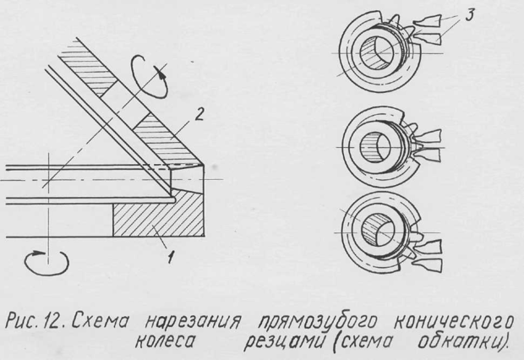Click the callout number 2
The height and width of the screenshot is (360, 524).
[199, 115]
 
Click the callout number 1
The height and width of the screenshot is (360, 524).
[171, 257]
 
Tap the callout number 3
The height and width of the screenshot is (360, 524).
[470, 15]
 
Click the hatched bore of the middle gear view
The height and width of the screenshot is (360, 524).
[370, 147]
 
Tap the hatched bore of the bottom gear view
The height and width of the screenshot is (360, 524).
[372, 232]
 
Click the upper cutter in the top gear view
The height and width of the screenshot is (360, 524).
[428, 21]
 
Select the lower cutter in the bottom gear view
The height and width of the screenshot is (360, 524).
[428, 265]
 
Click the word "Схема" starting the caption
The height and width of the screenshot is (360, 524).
[101, 321]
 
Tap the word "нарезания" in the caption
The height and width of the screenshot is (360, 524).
[193, 323]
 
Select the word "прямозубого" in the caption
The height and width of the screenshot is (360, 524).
[318, 323]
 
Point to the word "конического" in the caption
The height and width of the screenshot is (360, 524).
[453, 322]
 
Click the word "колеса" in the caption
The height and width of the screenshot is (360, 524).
[165, 341]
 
